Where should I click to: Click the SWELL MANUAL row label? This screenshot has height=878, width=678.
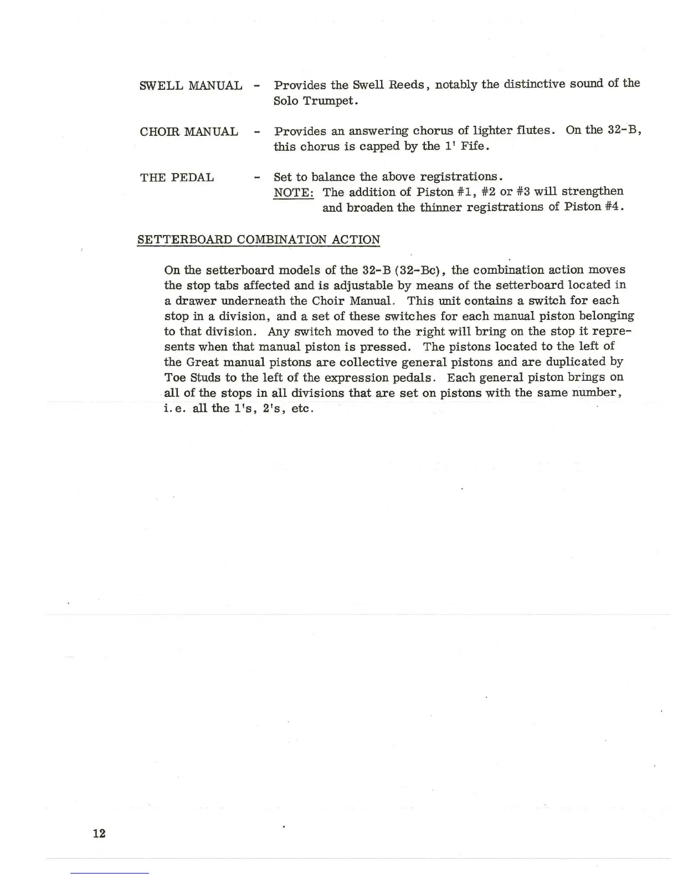coord(191,86)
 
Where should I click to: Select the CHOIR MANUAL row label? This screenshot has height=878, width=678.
coord(189,132)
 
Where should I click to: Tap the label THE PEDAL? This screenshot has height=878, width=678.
coord(177,178)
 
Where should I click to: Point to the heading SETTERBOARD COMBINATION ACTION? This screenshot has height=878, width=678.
coord(259,240)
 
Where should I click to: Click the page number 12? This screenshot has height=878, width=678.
coord(99,833)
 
